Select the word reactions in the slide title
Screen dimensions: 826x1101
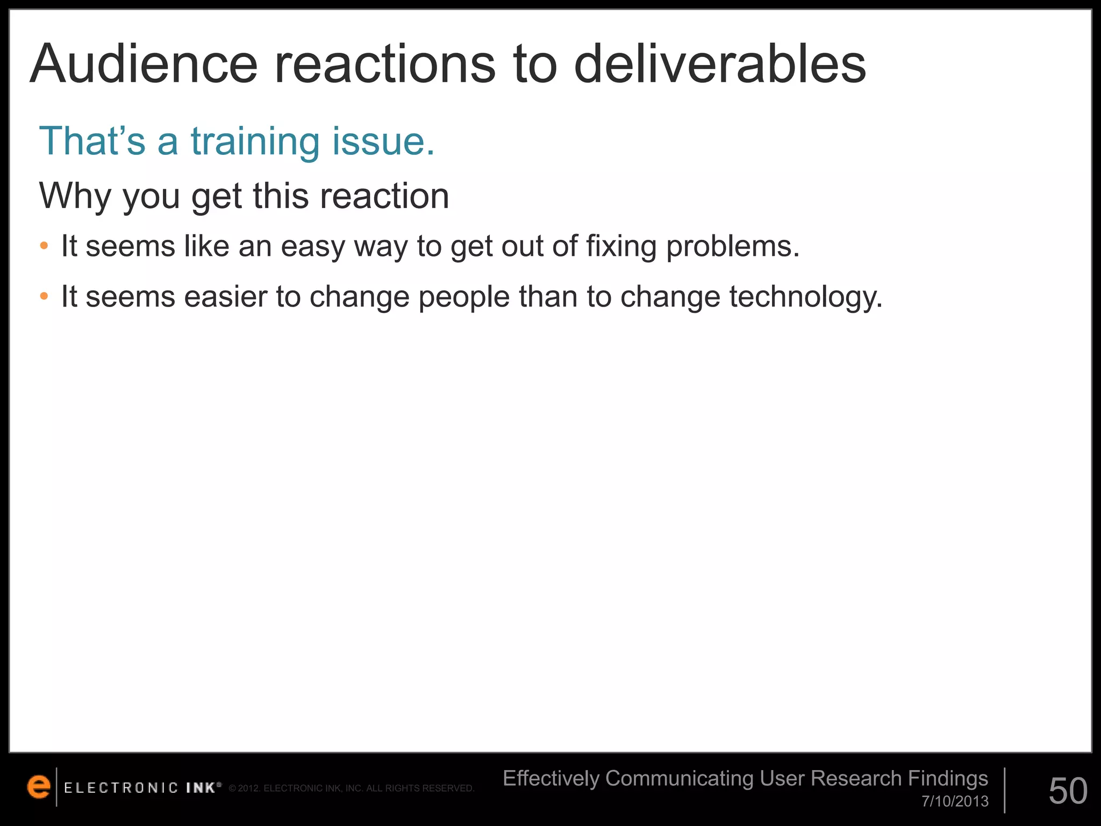[385, 66]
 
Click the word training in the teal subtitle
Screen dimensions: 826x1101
[255, 142]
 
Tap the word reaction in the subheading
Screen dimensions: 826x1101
[384, 196]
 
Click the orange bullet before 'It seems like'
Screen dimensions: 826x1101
[44, 246]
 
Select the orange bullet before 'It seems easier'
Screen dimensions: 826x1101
[44, 296]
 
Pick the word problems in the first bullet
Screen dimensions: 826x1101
[733, 247]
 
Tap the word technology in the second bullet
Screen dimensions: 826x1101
[805, 297]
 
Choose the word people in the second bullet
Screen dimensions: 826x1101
[463, 297]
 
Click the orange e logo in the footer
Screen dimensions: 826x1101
[38, 787]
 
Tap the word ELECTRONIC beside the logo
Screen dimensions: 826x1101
[121, 788]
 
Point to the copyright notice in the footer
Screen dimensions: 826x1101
[352, 789]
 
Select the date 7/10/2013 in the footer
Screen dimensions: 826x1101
[955, 802]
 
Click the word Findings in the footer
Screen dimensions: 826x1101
[948, 778]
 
